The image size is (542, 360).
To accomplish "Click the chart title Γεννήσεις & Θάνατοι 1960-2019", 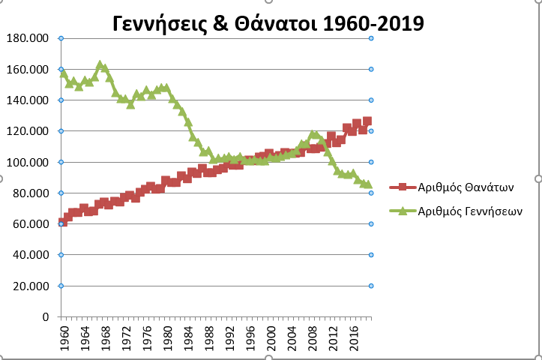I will pyautogui.click(x=268, y=23).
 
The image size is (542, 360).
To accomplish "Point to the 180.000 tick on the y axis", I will pyautogui.click(x=28, y=38).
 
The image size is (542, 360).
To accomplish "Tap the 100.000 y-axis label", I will pyautogui.click(x=28, y=162).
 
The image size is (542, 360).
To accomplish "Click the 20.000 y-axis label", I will pyautogui.click(x=31, y=286).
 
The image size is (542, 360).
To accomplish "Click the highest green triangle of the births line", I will pyautogui.click(x=100, y=65).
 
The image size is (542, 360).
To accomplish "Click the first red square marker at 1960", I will pyautogui.click(x=62, y=223).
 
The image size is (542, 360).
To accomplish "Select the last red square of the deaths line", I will pyautogui.click(x=367, y=121).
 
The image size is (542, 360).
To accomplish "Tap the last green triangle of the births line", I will pyautogui.click(x=367, y=184).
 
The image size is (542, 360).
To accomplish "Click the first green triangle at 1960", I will pyautogui.click(x=62, y=73).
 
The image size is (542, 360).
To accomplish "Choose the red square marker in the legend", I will pyautogui.click(x=402, y=188).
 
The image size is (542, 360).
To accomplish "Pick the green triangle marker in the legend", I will pyautogui.click(x=402, y=211).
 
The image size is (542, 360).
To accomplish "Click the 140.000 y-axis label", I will pyautogui.click(x=28, y=100).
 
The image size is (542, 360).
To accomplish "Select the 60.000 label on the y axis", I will pyautogui.click(x=31, y=224).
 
